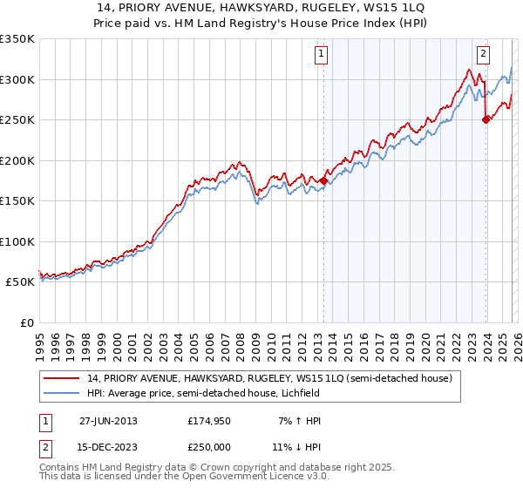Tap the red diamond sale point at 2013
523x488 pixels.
click(x=323, y=180)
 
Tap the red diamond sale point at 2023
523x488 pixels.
click(x=486, y=120)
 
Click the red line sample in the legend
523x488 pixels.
click(x=62, y=378)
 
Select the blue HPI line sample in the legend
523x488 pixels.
click(x=62, y=393)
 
